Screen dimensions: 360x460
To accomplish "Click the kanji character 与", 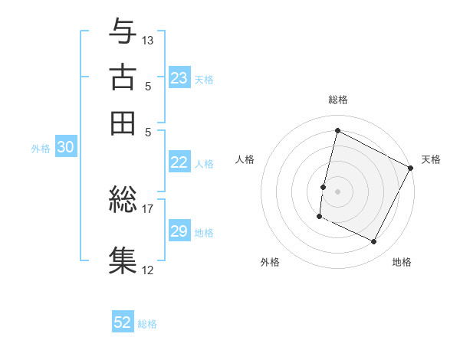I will coord(123,31).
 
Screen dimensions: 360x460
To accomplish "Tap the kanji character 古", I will coord(123,77).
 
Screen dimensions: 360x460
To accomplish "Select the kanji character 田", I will coord(123,123).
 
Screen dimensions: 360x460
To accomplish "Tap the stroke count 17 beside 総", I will coord(148,207).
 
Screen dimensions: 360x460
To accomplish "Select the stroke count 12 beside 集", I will coord(148,270).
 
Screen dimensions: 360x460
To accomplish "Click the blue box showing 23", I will coord(179,78).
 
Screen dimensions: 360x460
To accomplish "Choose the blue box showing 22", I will coord(179,162).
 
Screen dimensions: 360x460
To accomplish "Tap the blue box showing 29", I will coord(179,231).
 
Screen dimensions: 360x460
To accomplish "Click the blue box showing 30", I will coord(65,149).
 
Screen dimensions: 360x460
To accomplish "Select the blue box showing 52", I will coord(123,322).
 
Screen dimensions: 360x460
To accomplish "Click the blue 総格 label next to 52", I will coord(147,324).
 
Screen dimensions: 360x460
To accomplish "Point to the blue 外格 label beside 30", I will coord(40,149).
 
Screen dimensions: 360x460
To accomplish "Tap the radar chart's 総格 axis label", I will coord(338,100).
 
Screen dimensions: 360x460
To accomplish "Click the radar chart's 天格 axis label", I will coord(431,159).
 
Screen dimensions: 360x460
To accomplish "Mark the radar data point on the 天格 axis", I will coord(411,168).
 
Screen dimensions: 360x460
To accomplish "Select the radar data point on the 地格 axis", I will coord(373,242).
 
